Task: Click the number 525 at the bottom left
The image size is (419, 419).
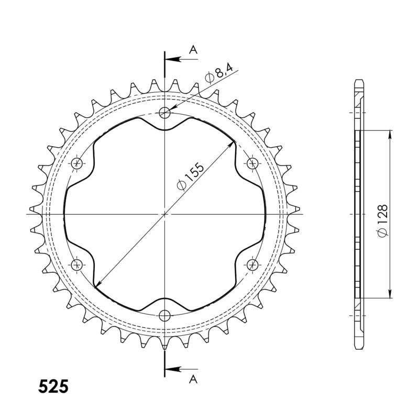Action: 53,386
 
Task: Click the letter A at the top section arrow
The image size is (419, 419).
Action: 193,50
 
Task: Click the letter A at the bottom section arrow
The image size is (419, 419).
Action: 193,378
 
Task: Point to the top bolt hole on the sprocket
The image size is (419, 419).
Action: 165,112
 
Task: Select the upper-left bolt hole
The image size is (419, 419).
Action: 78,163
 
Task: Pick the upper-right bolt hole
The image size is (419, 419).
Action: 252,163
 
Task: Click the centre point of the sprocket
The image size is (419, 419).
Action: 165,214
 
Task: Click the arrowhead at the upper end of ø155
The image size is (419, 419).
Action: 232,143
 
